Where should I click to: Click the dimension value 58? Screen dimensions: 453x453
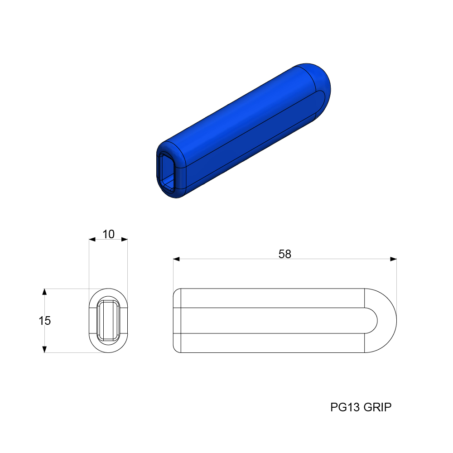[x=284, y=254]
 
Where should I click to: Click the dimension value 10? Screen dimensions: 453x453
[x=108, y=234]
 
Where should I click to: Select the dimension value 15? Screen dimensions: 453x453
[x=45, y=321]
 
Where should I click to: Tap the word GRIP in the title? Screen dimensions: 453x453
[x=377, y=407]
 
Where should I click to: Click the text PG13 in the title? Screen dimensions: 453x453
[x=345, y=407]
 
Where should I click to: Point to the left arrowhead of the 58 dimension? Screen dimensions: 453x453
[x=177, y=259]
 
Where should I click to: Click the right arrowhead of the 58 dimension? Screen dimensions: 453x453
[x=393, y=259]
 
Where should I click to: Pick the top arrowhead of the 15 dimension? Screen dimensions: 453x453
[x=44, y=292]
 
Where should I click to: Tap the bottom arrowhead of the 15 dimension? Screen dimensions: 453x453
[x=44, y=349]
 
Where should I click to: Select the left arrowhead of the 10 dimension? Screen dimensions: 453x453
[x=92, y=239]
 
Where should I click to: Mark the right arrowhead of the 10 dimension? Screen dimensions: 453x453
[x=124, y=239]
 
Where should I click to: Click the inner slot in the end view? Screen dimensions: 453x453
[x=108, y=321]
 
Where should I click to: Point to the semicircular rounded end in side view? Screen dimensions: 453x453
[x=385, y=321]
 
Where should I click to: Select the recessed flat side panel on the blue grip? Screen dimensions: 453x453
[x=254, y=136]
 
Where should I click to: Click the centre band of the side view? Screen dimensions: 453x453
[x=272, y=321]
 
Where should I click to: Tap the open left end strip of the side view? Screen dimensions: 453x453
[x=178, y=321]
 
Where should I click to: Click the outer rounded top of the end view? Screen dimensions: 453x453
[x=108, y=292]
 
